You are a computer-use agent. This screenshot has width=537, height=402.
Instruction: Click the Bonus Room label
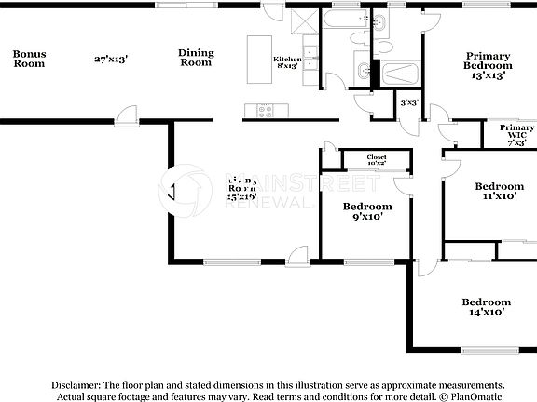click(29, 60)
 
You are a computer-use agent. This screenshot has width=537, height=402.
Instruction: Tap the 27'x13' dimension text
click(110, 60)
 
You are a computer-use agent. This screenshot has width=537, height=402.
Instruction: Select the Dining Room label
click(196, 59)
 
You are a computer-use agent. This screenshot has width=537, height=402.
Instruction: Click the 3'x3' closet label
click(409, 103)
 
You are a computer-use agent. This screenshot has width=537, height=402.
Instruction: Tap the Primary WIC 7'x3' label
click(510, 135)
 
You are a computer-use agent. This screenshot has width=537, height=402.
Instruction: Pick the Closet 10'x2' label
click(377, 161)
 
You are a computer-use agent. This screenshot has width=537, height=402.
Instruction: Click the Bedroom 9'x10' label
click(366, 211)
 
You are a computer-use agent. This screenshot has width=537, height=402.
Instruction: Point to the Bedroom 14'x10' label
click(487, 307)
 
